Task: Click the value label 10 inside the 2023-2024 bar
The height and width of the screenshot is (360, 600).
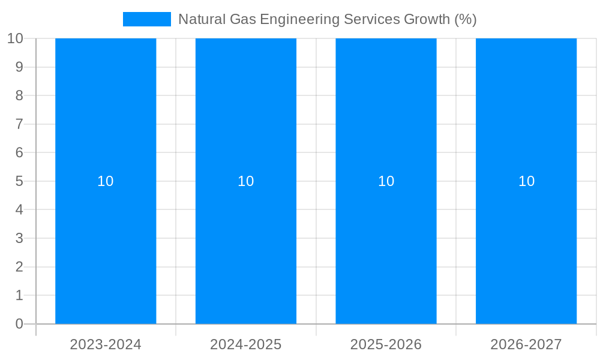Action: tap(106, 181)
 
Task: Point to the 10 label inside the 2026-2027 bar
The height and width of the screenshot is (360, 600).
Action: tap(526, 181)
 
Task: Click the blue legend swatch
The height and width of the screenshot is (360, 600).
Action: tap(147, 19)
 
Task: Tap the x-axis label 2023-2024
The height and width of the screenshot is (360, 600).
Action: tap(106, 344)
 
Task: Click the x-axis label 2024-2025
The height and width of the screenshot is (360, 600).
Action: tap(246, 344)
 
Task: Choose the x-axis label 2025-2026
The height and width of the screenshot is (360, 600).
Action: tap(386, 344)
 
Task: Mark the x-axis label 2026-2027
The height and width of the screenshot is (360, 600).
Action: tap(526, 344)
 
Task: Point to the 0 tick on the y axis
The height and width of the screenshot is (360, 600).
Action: tap(19, 324)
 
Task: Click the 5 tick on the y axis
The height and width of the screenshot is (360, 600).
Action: tap(19, 181)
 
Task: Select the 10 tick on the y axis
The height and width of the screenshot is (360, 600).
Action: tap(15, 38)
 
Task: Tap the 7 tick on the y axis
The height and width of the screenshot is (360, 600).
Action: tap(19, 124)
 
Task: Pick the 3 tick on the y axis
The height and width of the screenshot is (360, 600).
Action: tap(19, 238)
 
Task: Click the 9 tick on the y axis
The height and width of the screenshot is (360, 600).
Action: tap(19, 67)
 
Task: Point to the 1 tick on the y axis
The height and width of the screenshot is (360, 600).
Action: tap(19, 295)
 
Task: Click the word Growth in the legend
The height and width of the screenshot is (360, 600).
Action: tap(427, 19)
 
